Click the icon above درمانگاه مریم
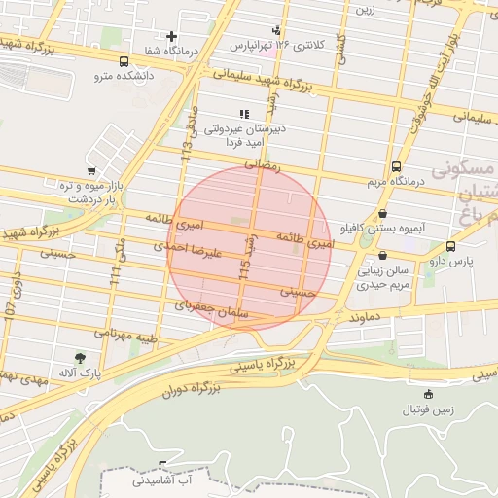[396, 166]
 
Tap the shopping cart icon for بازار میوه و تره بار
[91, 170]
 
